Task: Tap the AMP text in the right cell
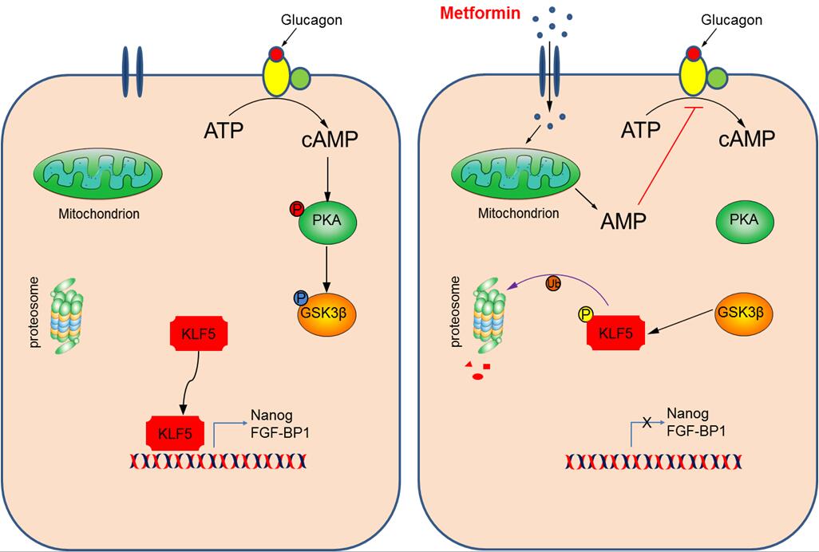623,220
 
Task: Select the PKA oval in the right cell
745,219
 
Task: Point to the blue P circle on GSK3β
301,298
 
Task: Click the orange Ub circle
552,283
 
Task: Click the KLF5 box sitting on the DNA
178,432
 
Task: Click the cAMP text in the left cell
330,139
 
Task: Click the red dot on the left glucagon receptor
275,55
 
